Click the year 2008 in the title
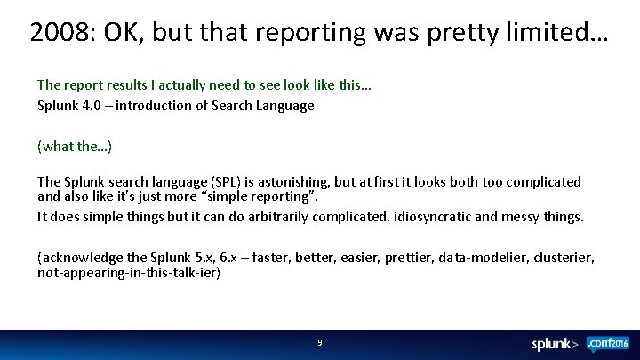click(57, 32)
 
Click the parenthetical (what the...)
click(74, 145)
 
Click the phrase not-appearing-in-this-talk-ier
click(128, 274)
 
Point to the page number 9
click(319, 343)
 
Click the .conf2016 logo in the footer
click(608, 343)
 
